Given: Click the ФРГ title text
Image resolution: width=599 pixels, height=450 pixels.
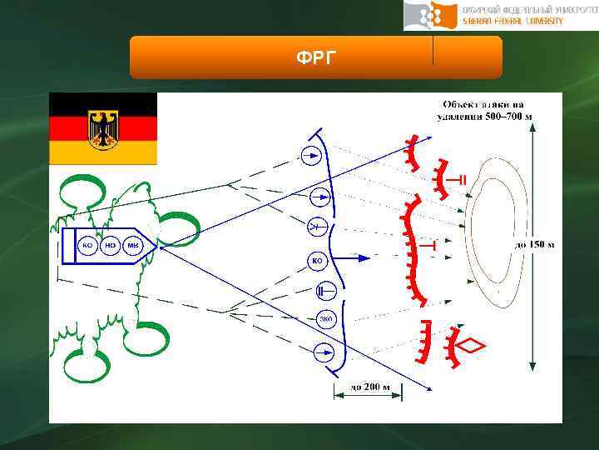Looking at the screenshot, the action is point(315,57).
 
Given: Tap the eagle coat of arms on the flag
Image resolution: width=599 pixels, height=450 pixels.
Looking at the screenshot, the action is point(103,127).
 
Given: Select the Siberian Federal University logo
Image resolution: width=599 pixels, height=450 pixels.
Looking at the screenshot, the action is point(500,15).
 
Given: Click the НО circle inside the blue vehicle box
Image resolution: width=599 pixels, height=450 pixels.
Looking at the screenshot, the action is point(110,246).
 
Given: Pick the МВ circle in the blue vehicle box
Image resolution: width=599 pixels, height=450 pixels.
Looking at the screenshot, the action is point(133,246).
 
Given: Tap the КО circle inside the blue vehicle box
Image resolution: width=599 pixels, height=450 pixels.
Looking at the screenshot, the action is point(87,246).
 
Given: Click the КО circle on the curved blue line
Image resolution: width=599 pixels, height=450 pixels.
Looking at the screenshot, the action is point(317,261).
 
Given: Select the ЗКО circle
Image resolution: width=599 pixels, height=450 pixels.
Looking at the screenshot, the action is point(326,318).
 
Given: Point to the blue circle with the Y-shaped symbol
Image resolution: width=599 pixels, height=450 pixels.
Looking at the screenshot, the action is point(317,227).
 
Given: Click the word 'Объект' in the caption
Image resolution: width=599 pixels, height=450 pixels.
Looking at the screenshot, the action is point(463,103).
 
